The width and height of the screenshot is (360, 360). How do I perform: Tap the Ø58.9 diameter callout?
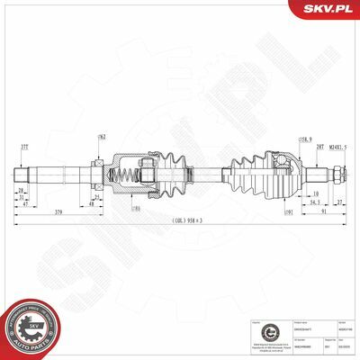point(305,140)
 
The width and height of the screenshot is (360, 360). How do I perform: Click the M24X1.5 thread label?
point(339,146)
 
